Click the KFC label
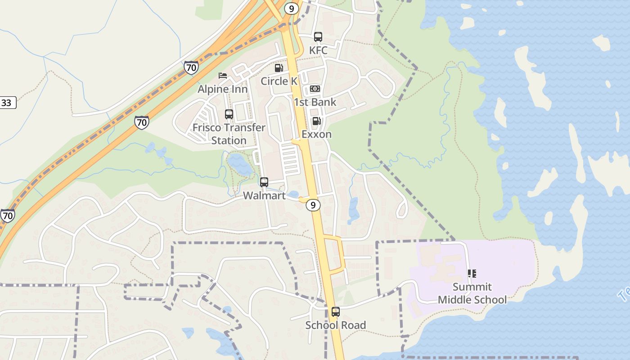[x=318, y=50]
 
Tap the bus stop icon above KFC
[x=318, y=37]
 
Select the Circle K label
[x=279, y=81]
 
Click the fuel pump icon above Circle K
[x=279, y=68]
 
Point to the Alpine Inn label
[x=222, y=89]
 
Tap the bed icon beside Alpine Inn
[x=222, y=75]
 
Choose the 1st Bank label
[x=315, y=102]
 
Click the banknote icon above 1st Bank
[x=315, y=89]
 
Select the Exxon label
[x=316, y=134]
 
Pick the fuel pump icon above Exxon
[x=316, y=121]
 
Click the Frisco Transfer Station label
[x=229, y=134]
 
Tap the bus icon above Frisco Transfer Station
[x=229, y=114]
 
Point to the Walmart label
[x=264, y=196]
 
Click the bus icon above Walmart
[x=264, y=182]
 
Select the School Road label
[x=336, y=325]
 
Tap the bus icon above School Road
[x=336, y=311]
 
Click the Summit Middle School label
[x=472, y=293]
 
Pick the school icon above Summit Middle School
[x=472, y=273]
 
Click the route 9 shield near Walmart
[x=313, y=205]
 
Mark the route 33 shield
[x=7, y=103]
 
